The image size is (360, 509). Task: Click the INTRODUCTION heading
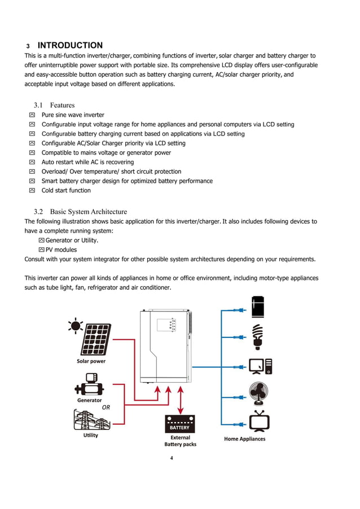[x=69, y=46]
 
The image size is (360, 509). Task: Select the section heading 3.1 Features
[x=54, y=105]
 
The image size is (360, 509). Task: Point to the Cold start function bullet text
[x=66, y=190]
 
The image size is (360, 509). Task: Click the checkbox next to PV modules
[x=41, y=249]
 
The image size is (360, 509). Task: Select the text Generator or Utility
[x=72, y=240]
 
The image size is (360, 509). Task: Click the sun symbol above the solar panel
[x=74, y=326]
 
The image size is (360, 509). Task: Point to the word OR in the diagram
[x=106, y=407]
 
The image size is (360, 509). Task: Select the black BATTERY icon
[x=179, y=424]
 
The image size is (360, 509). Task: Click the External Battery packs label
[x=180, y=441]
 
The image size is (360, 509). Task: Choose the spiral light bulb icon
[x=258, y=336]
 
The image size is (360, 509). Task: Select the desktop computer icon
[x=260, y=366]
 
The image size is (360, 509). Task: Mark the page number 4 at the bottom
[x=172, y=458]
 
